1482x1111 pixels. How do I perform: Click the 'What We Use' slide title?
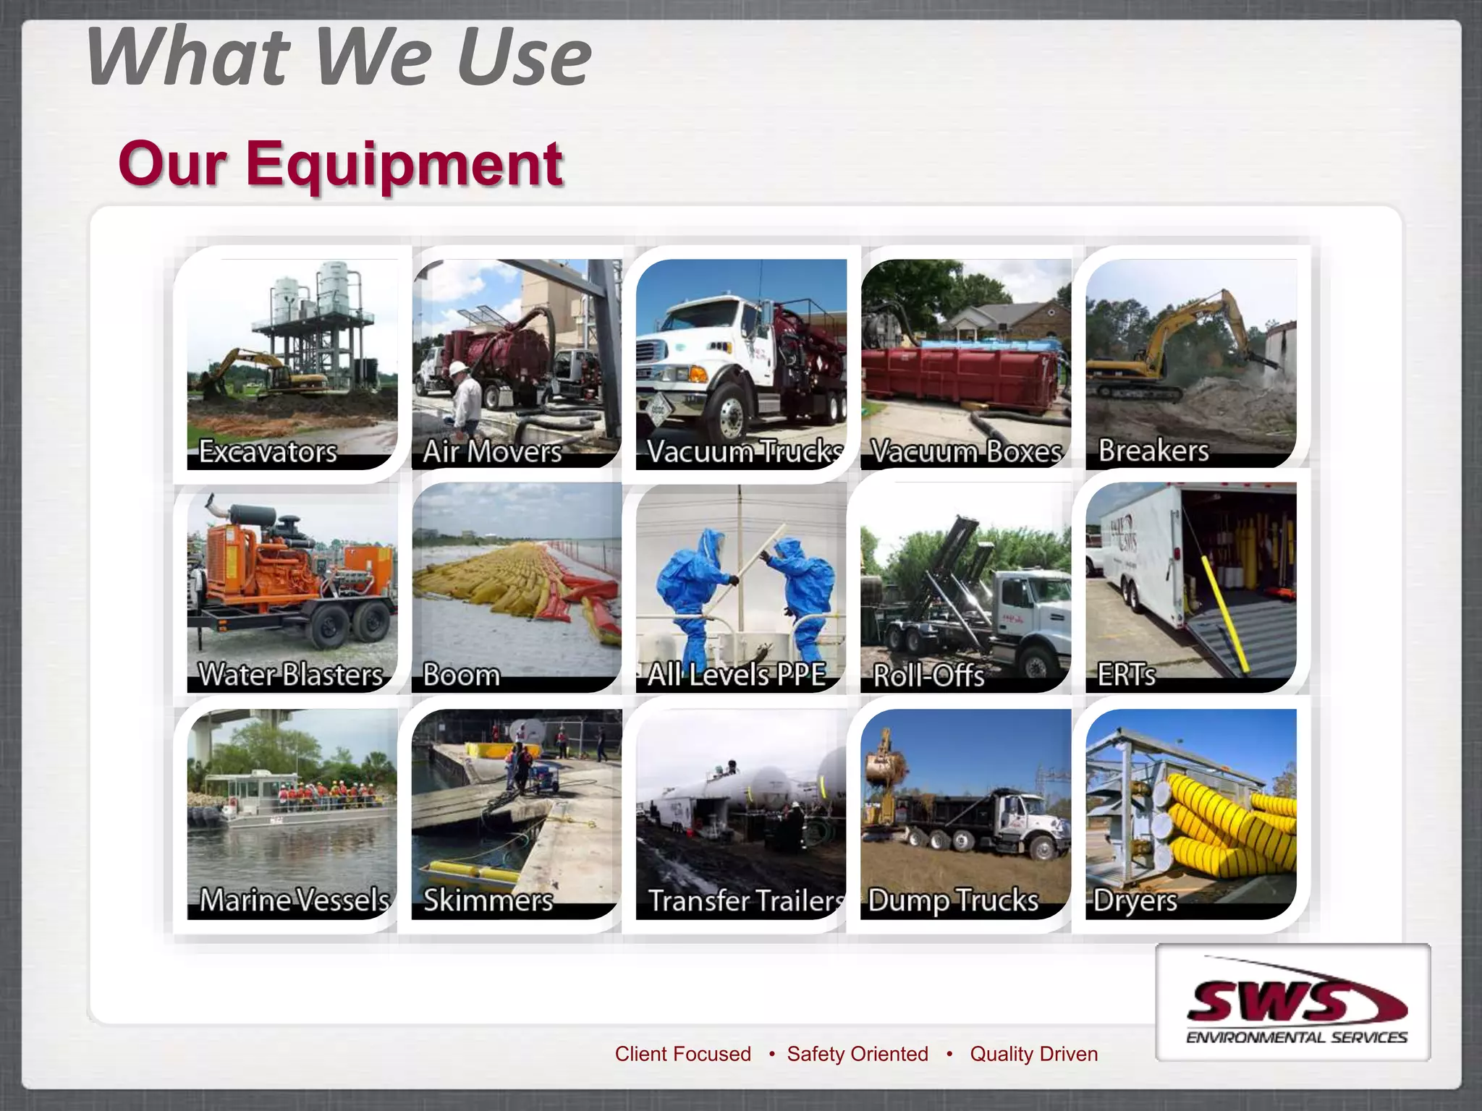339,56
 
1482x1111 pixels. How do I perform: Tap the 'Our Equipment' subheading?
340,163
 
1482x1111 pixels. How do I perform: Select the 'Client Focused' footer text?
682,1054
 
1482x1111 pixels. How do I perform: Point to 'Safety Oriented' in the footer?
858,1054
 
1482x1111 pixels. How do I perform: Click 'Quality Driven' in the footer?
1033,1054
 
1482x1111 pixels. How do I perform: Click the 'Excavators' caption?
268,451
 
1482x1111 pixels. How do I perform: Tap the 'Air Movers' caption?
492,451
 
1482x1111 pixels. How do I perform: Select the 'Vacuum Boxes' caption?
965,451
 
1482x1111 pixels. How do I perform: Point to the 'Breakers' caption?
1153,451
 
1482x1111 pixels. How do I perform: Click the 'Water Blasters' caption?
290,675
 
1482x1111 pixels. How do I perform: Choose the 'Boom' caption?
461,675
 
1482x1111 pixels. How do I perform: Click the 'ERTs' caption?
1126,675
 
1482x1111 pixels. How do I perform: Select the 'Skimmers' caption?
488,901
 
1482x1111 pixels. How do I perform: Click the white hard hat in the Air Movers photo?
458,368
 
